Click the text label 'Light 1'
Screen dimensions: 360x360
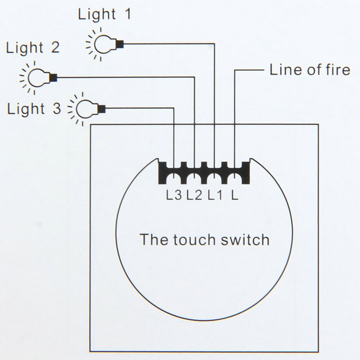click(104, 14)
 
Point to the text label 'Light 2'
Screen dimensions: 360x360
click(32, 47)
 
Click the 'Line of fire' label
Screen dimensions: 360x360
click(310, 70)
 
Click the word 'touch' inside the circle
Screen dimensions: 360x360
click(194, 239)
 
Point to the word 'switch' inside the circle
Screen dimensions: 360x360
click(245, 239)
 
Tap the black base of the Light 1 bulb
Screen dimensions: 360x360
click(120, 44)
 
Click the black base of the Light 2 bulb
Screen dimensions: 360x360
click(53, 77)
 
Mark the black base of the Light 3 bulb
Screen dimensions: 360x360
click(101, 108)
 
